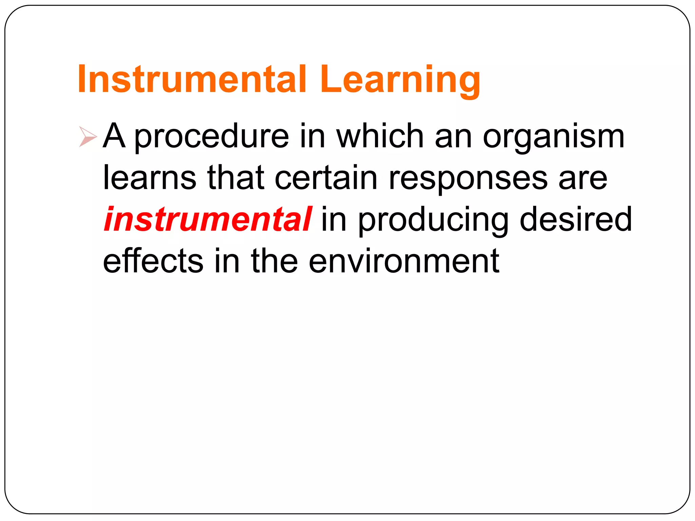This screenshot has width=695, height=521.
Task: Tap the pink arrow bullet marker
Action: [x=88, y=136]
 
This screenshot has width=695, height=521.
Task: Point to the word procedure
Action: [x=212, y=137]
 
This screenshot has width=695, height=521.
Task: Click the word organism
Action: [x=553, y=137]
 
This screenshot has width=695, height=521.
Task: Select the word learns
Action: [x=149, y=178]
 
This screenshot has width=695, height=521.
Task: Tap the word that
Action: [x=236, y=178]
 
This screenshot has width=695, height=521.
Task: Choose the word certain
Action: [x=326, y=178]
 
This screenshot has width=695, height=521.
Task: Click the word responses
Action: [x=468, y=179]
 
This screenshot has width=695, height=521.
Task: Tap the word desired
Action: [x=576, y=220]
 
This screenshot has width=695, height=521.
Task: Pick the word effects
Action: [x=153, y=261]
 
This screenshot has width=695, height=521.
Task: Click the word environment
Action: [x=404, y=261]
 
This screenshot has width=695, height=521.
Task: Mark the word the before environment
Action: [x=274, y=261]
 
